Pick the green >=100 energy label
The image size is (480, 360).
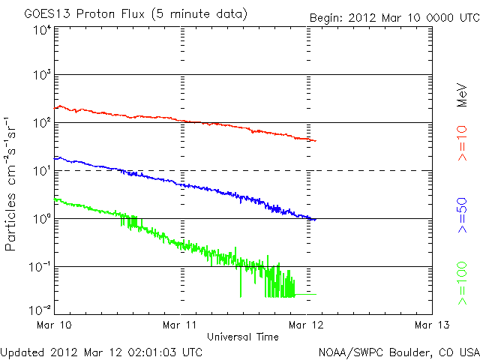(463, 283)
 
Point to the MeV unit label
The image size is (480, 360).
(463, 93)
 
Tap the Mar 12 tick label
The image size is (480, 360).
(307, 325)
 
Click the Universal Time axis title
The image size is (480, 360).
(243, 336)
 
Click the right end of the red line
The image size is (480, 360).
(315, 141)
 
